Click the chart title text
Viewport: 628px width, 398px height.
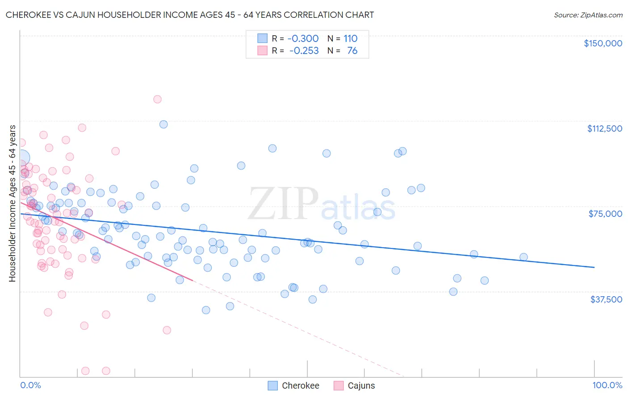click(x=190, y=15)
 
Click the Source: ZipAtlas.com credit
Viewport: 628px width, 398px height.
click(x=588, y=15)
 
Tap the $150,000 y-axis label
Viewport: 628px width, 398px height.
click(x=603, y=43)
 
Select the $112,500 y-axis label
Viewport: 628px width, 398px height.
click(x=604, y=129)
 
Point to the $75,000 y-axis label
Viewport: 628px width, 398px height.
click(x=605, y=214)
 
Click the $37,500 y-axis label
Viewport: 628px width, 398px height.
click(x=606, y=299)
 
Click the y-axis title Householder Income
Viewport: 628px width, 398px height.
click(x=12, y=203)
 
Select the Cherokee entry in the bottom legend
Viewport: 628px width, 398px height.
click(x=300, y=386)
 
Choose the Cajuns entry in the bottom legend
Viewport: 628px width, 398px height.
click(x=361, y=386)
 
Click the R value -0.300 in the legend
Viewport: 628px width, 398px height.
click(x=303, y=38)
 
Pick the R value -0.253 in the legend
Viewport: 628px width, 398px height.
click(x=304, y=51)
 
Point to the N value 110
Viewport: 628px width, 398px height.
click(x=350, y=38)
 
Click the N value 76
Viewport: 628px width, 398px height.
click(x=352, y=51)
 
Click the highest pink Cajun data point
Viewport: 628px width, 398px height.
click(x=157, y=99)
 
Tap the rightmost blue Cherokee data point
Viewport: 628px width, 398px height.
click(x=523, y=257)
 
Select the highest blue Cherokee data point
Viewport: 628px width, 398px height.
click(x=163, y=124)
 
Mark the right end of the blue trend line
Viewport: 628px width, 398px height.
click(x=594, y=267)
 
